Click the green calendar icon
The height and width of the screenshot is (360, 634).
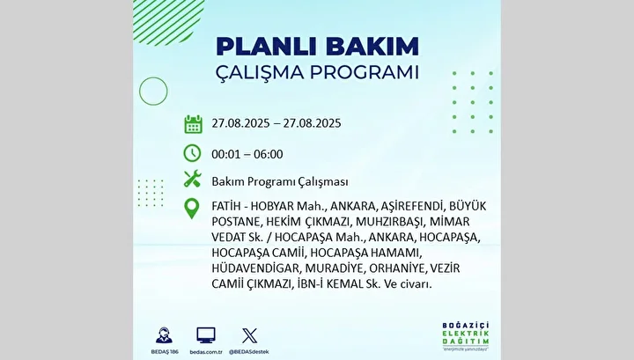[x=193, y=124]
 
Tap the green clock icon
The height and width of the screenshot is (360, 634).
[x=192, y=153]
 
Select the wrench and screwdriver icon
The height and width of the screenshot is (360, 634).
[x=193, y=179]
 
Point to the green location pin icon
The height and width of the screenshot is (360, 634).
[x=192, y=209]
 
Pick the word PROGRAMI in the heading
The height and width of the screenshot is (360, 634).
[x=365, y=73]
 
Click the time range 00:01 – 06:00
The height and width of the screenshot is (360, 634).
[x=247, y=154]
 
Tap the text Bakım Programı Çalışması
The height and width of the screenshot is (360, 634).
[x=280, y=182]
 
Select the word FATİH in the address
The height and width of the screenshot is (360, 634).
[x=226, y=206]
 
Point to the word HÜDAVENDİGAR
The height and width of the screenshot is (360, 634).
[x=255, y=268]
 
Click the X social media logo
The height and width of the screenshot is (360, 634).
[x=249, y=335]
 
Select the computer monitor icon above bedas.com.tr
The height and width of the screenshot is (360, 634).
[x=206, y=335]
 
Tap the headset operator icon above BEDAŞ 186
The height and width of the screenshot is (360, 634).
[x=164, y=335]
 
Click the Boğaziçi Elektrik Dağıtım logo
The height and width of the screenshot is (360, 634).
[x=466, y=336]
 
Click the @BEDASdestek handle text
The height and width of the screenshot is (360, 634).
[x=249, y=352]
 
